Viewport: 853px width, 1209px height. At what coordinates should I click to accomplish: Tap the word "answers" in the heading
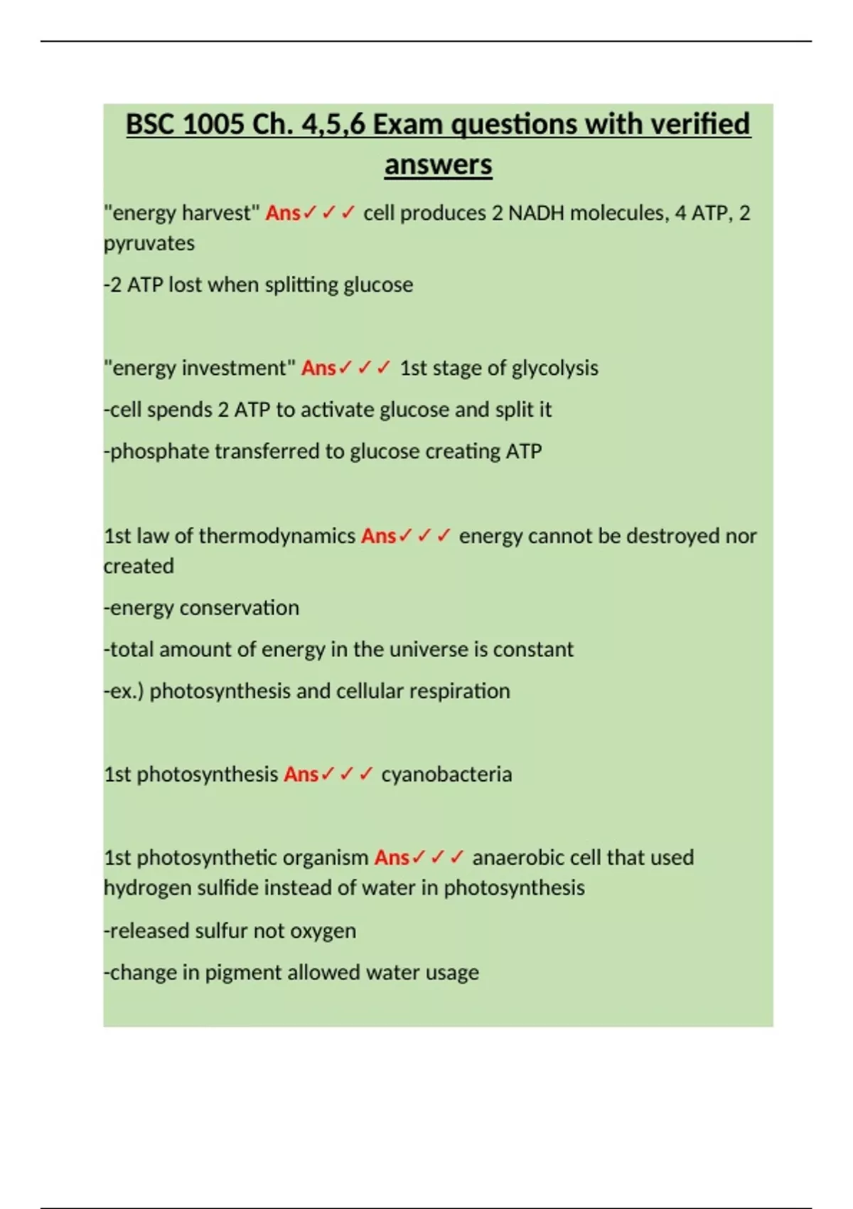click(x=438, y=165)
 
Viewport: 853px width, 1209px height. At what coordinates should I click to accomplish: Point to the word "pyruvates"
click(x=149, y=243)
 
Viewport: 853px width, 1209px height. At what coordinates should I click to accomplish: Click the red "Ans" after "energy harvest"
click(x=283, y=213)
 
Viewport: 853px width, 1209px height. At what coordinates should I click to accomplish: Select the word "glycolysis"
click(x=554, y=368)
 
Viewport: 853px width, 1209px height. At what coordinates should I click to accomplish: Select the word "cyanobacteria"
click(x=446, y=774)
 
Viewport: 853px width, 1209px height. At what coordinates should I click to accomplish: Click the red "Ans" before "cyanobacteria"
click(x=301, y=774)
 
